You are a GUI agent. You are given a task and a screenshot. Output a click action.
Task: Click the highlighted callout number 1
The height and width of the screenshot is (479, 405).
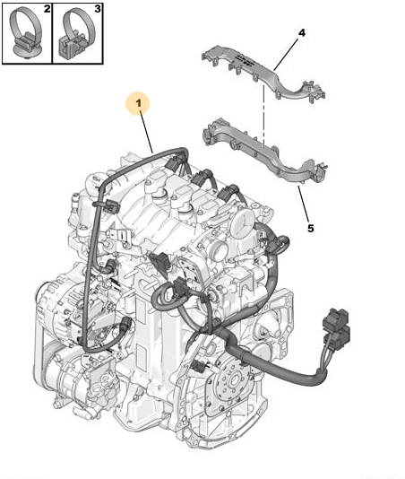(139, 103)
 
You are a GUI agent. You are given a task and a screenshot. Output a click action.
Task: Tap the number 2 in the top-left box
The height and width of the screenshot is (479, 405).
(47, 9)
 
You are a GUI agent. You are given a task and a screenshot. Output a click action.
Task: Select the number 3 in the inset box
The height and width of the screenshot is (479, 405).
(98, 9)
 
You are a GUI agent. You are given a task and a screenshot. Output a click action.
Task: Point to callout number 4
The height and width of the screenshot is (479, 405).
(302, 32)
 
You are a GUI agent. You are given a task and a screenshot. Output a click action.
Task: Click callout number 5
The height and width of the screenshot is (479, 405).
(310, 228)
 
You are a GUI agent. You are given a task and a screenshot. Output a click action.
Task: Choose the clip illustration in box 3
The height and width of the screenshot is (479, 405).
(76, 33)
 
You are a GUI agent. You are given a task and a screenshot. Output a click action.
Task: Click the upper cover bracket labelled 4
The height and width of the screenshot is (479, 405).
(263, 73)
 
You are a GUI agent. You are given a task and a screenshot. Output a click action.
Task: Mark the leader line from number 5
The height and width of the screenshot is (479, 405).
(304, 204)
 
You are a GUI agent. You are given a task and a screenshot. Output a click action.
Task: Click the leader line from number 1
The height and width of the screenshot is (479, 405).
(146, 132)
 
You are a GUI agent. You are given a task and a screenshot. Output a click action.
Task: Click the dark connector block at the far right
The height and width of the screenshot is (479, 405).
(336, 329)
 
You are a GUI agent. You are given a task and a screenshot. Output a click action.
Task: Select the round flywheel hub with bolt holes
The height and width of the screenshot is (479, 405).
(235, 380)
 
